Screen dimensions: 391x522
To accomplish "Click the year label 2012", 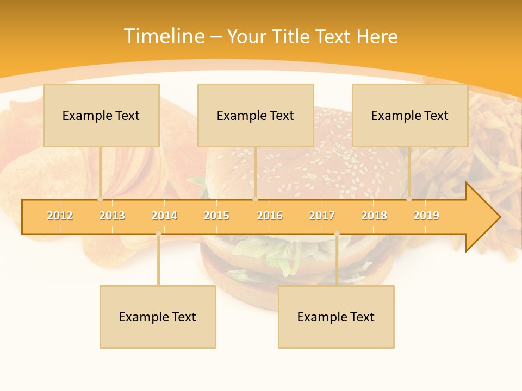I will (60, 216).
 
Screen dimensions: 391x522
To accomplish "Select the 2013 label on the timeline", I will (112, 216).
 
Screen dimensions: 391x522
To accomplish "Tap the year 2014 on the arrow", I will (164, 216).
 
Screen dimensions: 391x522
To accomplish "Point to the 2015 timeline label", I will (216, 216).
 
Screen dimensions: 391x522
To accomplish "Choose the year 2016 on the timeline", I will (270, 216).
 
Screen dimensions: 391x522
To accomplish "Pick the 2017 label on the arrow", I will (322, 216).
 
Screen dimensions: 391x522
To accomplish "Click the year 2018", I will (374, 216).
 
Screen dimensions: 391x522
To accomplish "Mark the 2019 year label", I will (426, 216).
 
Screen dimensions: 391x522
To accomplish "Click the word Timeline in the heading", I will (163, 36).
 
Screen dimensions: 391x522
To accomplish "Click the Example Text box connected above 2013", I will (101, 115).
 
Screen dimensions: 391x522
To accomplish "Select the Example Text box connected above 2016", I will (256, 115).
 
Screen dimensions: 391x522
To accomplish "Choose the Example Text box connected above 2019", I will (410, 115).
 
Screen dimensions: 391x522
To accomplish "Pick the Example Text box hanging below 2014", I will (158, 317).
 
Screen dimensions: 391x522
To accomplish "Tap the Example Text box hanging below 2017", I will (336, 317).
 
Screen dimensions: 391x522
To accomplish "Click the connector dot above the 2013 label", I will (101, 199).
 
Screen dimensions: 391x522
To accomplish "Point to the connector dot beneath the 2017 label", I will (337, 234).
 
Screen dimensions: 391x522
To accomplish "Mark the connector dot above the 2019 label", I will (409, 199).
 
